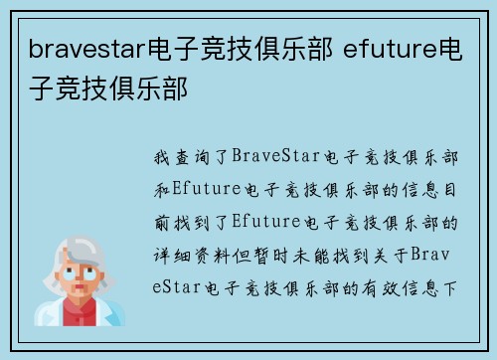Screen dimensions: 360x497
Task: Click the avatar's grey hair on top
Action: (x=84, y=246)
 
